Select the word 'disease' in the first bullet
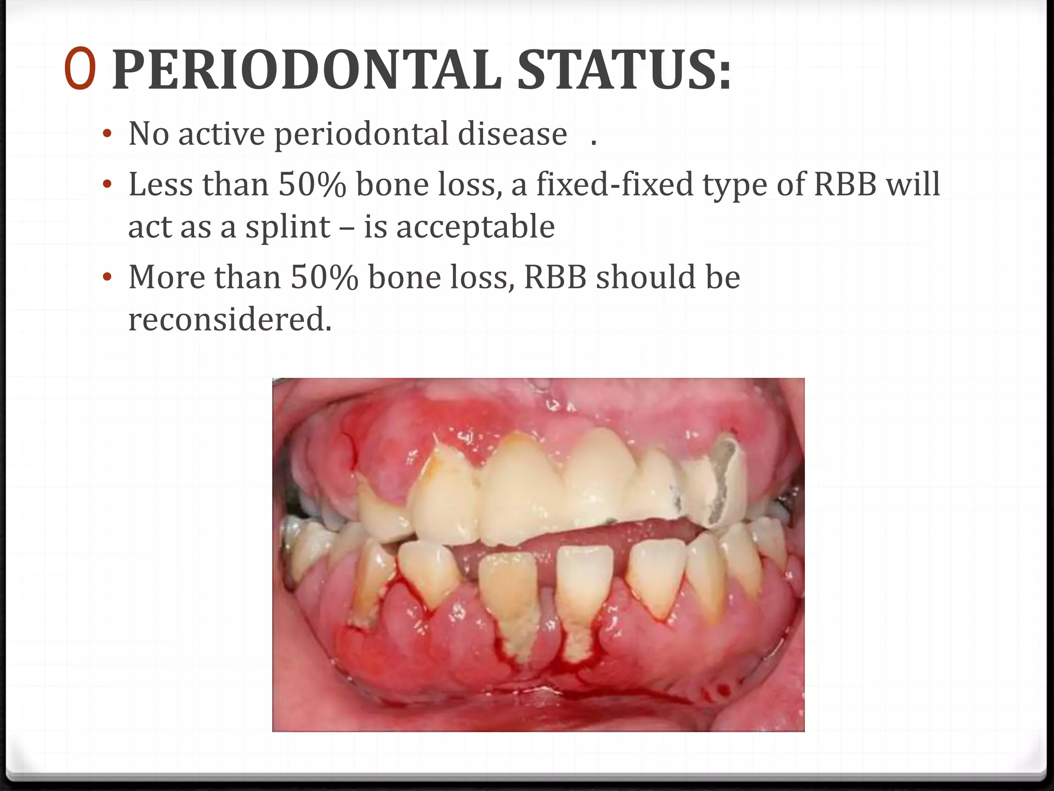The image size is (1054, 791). pyautogui.click(x=513, y=134)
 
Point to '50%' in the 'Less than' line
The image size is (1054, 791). pyautogui.click(x=312, y=184)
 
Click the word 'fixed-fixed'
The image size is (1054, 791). pyautogui.click(x=615, y=184)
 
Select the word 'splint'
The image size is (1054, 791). pyautogui.click(x=287, y=227)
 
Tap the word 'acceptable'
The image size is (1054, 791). pyautogui.click(x=476, y=227)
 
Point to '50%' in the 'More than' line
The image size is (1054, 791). pyautogui.click(x=324, y=277)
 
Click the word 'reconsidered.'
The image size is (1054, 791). pyautogui.click(x=230, y=319)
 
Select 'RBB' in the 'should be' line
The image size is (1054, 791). pyautogui.click(x=555, y=277)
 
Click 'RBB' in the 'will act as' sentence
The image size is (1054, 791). pyautogui.click(x=845, y=184)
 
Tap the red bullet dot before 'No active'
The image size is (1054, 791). pyautogui.click(x=107, y=134)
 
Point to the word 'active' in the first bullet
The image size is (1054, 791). pyautogui.click(x=222, y=134)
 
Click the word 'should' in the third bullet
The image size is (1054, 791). pyautogui.click(x=646, y=277)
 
